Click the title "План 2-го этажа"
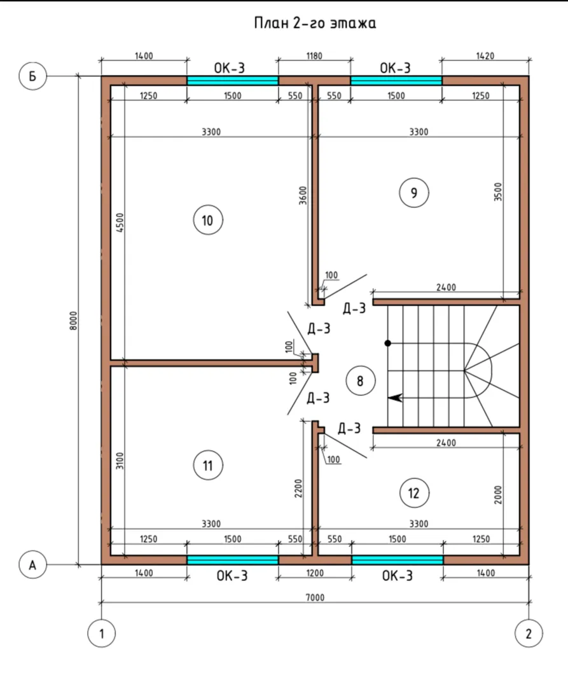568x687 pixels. [315, 23]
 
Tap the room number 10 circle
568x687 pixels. [208, 220]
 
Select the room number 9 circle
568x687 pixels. [414, 193]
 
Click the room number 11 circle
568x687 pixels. [208, 465]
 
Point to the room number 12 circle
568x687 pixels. [414, 494]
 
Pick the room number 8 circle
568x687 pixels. [361, 381]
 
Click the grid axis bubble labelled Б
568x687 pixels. [32, 76]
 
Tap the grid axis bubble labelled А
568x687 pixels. [32, 566]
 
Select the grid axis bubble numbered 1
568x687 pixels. [102, 634]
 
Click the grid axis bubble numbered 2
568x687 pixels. [529, 634]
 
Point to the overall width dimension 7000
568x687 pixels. [315, 597]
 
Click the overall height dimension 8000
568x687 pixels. [74, 321]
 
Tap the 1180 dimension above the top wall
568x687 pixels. [314, 56]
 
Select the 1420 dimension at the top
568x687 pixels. [485, 56]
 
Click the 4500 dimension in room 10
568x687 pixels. [120, 222]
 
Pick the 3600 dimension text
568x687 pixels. [303, 195]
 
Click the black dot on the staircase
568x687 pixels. [387, 343]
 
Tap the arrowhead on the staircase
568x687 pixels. [395, 398]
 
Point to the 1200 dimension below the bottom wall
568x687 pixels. [315, 573]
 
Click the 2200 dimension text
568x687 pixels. [298, 488]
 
